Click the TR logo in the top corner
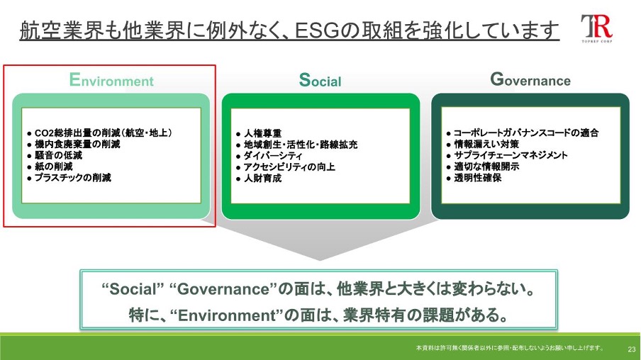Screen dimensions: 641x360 (597, 28)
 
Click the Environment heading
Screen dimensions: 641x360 (111, 79)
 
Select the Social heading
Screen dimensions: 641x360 (320, 79)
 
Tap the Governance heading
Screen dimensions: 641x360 (530, 79)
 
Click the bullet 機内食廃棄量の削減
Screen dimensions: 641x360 (74, 144)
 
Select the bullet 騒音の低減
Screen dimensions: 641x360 (55, 155)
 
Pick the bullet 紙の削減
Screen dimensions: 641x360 (50, 167)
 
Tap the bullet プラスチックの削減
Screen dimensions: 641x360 (69, 177)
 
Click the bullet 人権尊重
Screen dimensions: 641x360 (259, 134)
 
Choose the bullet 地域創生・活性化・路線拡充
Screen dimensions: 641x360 (297, 145)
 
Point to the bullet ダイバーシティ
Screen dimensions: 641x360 (269, 156)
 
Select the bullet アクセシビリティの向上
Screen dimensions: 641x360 (286, 167)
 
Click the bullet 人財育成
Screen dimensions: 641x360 (259, 178)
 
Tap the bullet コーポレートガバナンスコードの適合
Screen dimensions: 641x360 (523, 133)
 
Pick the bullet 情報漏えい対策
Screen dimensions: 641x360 (483, 144)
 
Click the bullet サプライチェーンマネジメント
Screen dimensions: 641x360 (507, 155)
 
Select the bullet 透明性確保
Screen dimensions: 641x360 (474, 178)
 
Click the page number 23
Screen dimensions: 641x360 (632, 349)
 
